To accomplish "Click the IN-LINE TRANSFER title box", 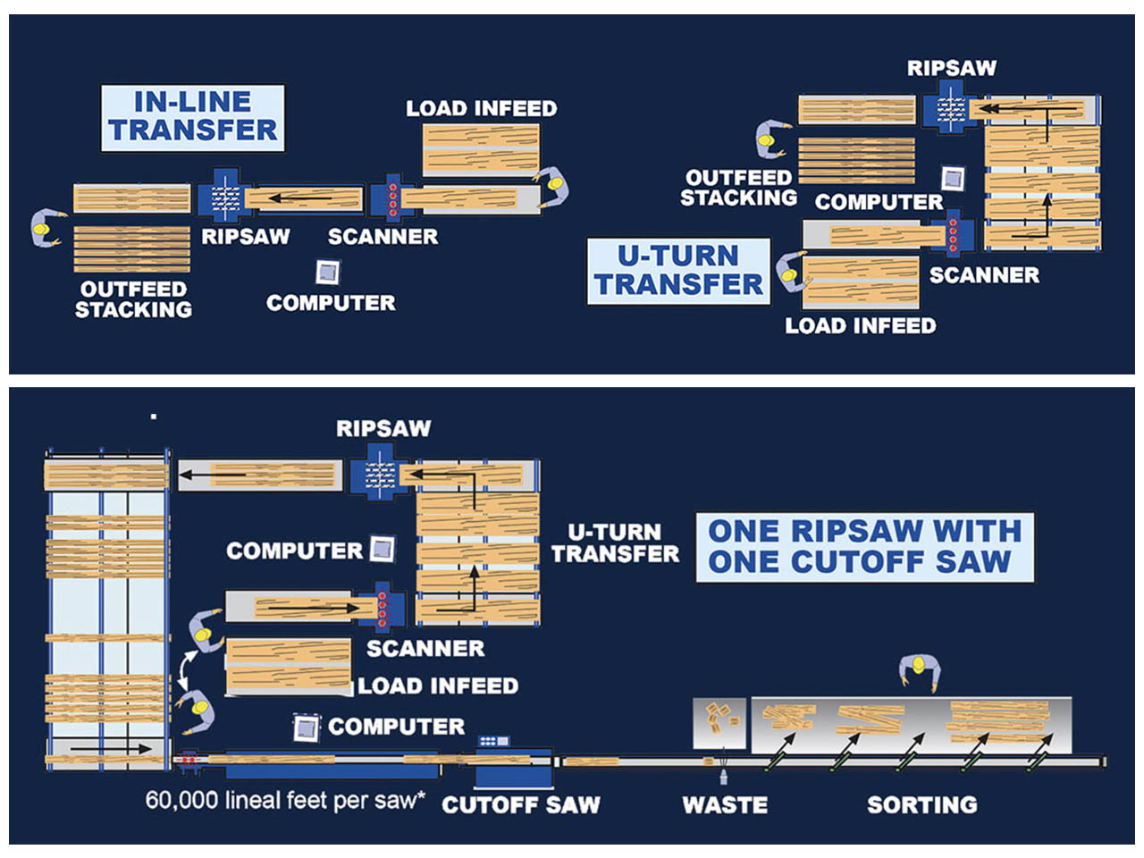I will coord(192,117).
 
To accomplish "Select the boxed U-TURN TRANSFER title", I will coord(678,270).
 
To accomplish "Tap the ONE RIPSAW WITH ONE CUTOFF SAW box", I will coord(864,546).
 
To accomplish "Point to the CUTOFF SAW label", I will coord(521,804).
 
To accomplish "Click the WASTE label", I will coord(724,804).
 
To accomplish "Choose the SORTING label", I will coord(921,804).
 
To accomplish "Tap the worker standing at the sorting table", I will coord(919,672).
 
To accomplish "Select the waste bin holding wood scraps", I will coord(719,722).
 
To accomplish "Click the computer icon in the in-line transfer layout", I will coord(328,272).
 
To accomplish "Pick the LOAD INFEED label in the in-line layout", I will coord(481,109).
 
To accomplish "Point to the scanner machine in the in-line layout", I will coord(392,198).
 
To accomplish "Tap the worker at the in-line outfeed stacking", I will coord(45,227).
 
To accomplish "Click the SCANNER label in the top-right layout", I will coord(984,275).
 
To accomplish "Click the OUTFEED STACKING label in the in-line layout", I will coord(133,299).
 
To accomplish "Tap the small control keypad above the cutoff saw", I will coord(493,741).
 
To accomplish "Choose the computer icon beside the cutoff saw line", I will coord(307,728).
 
